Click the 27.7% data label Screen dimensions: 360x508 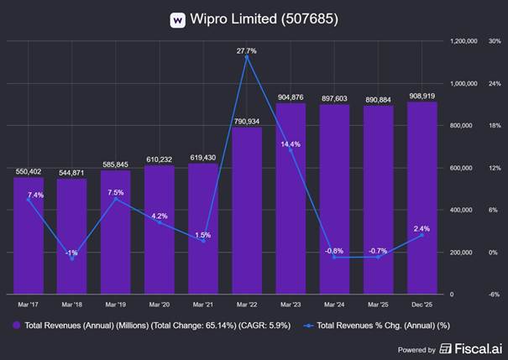(x=247, y=51)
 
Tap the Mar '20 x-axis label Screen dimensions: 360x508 (x=160, y=305)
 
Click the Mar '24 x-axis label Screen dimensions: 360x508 (x=334, y=305)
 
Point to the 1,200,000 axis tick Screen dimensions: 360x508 (x=464, y=40)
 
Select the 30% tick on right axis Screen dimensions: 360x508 (x=494, y=40)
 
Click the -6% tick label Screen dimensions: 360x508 (x=494, y=295)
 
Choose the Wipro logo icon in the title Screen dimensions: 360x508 (x=178, y=18)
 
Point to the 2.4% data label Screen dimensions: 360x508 (x=422, y=228)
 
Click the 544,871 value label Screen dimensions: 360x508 (x=72, y=172)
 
